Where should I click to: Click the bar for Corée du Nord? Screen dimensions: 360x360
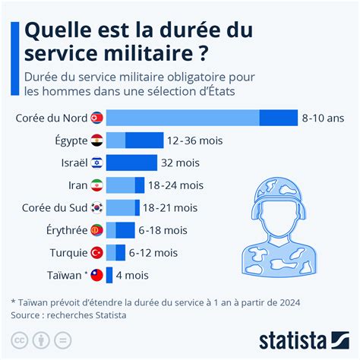point(201,118)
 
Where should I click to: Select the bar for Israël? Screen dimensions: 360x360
point(131,163)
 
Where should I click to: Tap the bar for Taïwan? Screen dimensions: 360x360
point(109,275)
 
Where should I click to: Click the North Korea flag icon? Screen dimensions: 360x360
point(96,118)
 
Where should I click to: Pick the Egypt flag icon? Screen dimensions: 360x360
point(96,141)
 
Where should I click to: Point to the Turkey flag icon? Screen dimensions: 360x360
point(96,253)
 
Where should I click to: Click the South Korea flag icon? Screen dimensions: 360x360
point(96,208)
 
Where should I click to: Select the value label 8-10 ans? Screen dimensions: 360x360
point(323,118)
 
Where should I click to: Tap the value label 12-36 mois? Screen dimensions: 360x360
point(194,141)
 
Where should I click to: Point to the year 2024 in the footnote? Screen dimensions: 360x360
point(288,302)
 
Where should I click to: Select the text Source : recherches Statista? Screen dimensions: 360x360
point(68,315)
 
